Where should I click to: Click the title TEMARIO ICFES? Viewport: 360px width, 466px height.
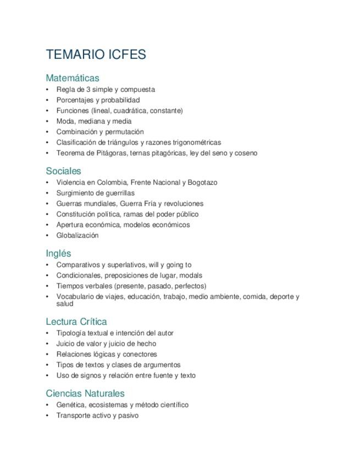[96, 54]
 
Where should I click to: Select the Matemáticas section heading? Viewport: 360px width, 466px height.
[73, 78]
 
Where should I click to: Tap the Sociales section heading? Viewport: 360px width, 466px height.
[63, 171]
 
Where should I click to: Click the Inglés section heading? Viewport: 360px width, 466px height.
[58, 253]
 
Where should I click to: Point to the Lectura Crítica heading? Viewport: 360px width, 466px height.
[76, 321]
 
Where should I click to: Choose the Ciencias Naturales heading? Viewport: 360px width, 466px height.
[85, 393]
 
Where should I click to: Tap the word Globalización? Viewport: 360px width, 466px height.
[77, 235]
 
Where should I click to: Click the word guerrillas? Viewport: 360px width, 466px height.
[118, 193]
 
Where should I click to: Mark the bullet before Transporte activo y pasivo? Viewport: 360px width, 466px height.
[48, 415]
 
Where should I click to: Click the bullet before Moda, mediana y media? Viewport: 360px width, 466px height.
[48, 121]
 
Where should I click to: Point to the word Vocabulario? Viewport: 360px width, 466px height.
[75, 297]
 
